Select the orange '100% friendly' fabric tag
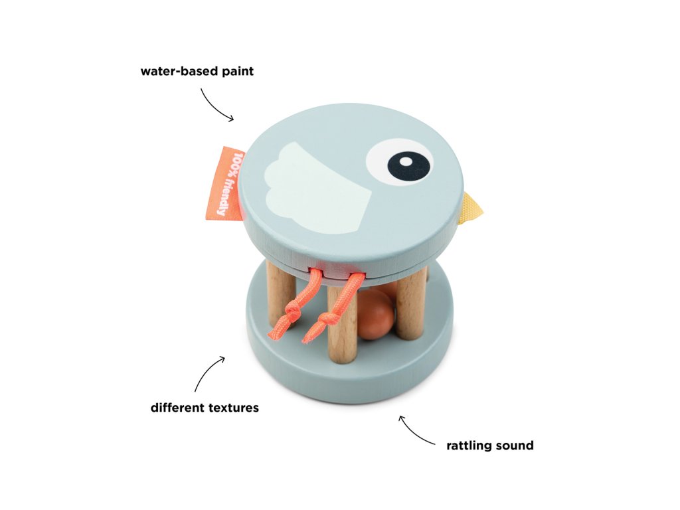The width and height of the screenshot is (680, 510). point(224,183)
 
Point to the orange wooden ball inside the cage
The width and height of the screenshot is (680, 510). point(375,315)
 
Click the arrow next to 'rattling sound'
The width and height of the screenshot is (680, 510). point(416,430)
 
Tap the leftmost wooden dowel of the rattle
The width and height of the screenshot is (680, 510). point(280,292)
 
